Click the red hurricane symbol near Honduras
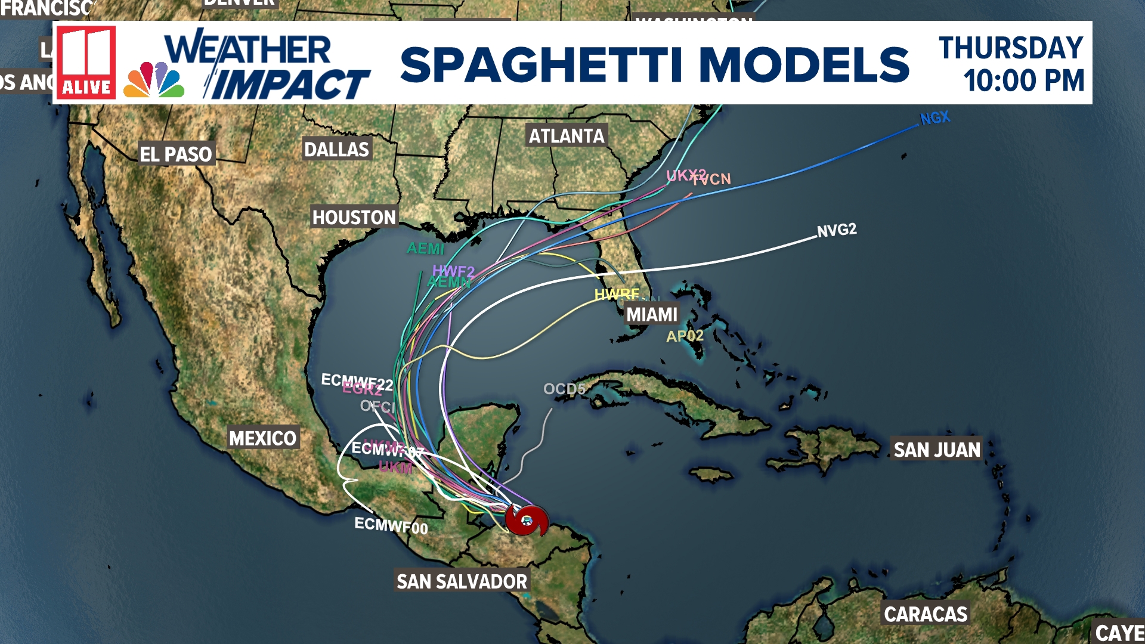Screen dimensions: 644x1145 coord(527,520)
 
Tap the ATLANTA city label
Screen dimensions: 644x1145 coord(567,136)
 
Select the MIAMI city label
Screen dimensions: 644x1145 coord(652,314)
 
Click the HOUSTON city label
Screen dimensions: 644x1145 coord(354,217)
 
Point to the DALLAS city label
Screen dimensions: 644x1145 coord(337,149)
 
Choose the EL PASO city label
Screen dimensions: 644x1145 coord(176,154)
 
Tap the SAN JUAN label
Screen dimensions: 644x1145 coord(937,450)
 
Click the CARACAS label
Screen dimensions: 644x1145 coord(926,614)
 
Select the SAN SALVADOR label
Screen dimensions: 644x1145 coord(462,581)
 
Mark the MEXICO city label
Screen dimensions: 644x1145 coord(263,438)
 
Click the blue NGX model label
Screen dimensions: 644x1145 coord(935,118)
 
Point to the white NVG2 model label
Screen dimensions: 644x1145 coord(837,230)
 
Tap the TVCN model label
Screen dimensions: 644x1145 coord(714,179)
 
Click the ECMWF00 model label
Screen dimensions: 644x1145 coord(391,525)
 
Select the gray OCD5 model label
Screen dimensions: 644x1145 coord(564,389)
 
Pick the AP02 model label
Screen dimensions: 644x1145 coord(685,336)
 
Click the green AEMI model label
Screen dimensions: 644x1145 coord(425,248)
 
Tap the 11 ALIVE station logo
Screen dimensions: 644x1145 coord(86,63)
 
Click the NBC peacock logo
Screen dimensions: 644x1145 coord(154,80)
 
